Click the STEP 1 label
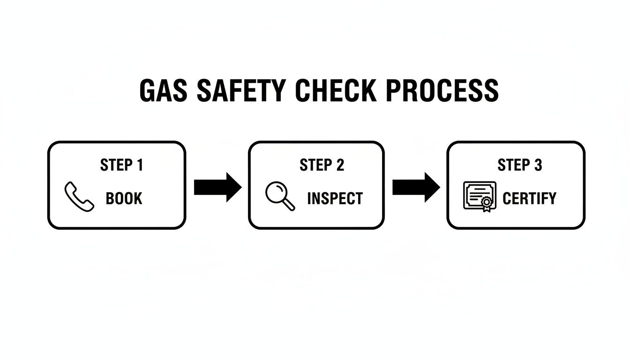[x=121, y=165]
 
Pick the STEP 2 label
[x=322, y=165]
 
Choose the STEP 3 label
[x=520, y=165]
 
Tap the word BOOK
[x=124, y=198]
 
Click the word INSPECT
[x=335, y=198]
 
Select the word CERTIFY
[x=529, y=198]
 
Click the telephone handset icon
[x=78, y=197]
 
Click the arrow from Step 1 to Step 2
[x=217, y=187]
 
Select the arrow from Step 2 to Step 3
[x=416, y=187]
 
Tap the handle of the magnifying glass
[x=290, y=205]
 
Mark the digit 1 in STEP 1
[x=139, y=165]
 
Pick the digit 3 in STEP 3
[x=538, y=165]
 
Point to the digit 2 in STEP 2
[x=340, y=165]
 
